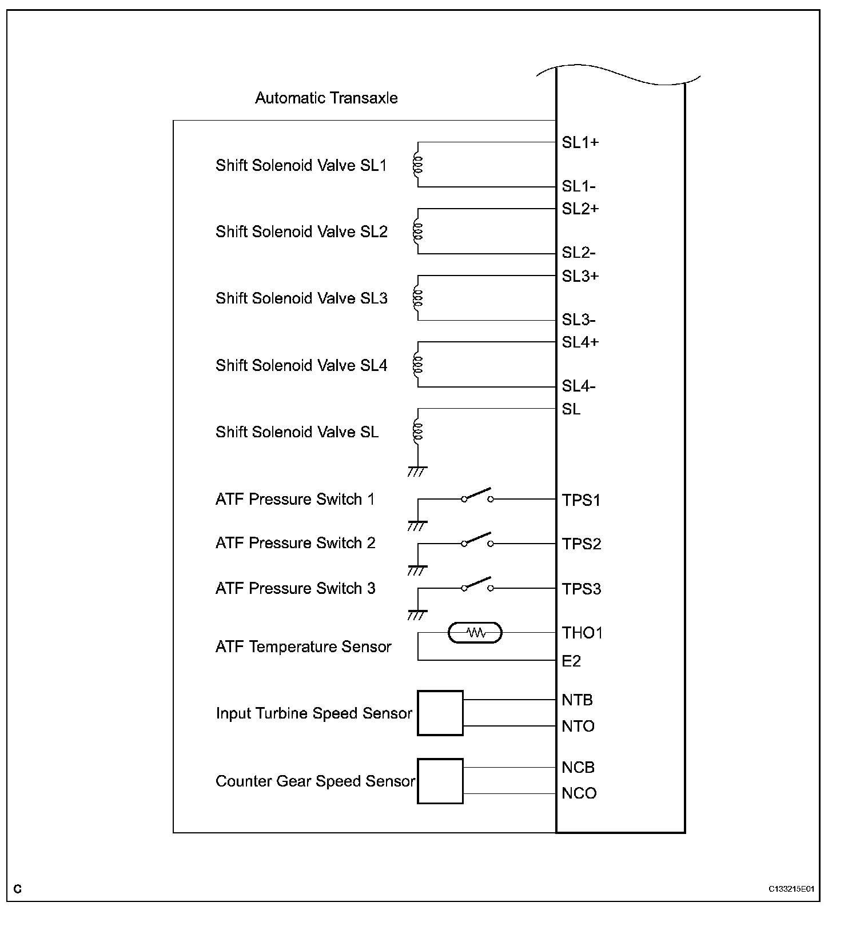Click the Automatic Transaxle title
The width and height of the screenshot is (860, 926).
click(326, 98)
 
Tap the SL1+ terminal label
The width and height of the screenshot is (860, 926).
click(580, 142)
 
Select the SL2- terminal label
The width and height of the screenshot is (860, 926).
click(578, 253)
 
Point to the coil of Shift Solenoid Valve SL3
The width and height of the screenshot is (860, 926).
click(418, 298)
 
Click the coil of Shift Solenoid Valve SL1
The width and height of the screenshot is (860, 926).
click(418, 165)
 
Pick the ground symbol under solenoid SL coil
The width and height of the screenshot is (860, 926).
click(417, 472)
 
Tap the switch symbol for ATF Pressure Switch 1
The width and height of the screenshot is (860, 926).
click(477, 496)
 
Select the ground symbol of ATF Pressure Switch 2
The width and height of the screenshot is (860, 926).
click(417, 570)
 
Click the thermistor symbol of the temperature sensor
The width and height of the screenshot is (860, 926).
click(475, 633)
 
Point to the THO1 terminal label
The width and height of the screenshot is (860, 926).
click(582, 633)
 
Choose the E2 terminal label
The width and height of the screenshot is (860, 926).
click(571, 661)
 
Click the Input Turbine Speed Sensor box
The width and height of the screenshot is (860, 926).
click(440, 713)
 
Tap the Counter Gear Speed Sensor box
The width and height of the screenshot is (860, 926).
click(440, 781)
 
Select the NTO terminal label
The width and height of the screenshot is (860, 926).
click(578, 727)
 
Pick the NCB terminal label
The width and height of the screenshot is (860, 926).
click(578, 768)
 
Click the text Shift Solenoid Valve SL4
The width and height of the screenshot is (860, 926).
click(301, 365)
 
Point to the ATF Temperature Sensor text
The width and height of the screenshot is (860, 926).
click(303, 647)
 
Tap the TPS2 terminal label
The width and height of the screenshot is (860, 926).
click(582, 544)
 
